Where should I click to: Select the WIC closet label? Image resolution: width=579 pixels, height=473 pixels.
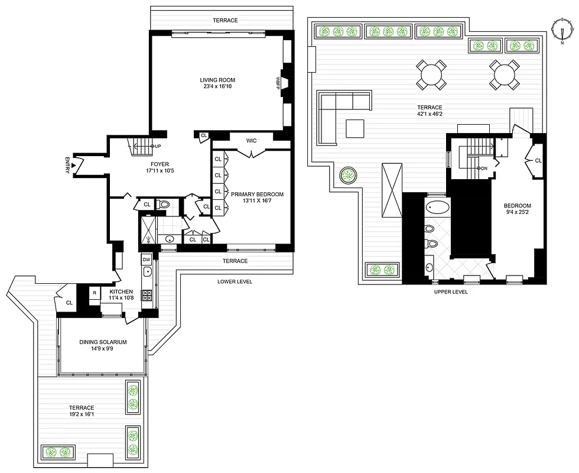click(251, 140)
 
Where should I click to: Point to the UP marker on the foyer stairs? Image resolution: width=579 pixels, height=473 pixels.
click(158, 145)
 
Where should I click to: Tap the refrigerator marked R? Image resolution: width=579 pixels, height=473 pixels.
click(94, 291)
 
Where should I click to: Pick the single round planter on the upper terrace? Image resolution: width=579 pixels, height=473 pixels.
click(348, 175)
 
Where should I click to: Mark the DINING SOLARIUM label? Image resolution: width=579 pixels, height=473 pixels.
click(103, 342)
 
